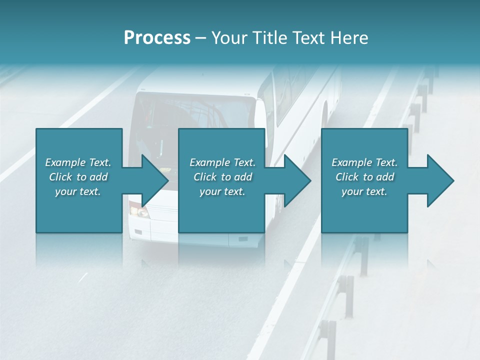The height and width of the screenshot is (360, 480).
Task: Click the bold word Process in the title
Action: (x=157, y=38)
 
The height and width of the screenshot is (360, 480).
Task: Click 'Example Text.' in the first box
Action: (x=78, y=162)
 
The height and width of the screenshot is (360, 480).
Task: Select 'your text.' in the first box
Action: (x=78, y=191)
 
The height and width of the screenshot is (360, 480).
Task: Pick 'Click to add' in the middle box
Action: (x=222, y=177)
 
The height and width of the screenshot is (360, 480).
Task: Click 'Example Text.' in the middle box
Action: (x=222, y=162)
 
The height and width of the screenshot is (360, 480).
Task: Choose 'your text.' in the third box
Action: (x=364, y=191)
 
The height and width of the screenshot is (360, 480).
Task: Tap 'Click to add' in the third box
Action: (x=364, y=177)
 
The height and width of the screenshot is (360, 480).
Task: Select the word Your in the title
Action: (x=231, y=38)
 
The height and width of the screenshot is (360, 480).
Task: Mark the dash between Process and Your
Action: (x=201, y=38)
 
